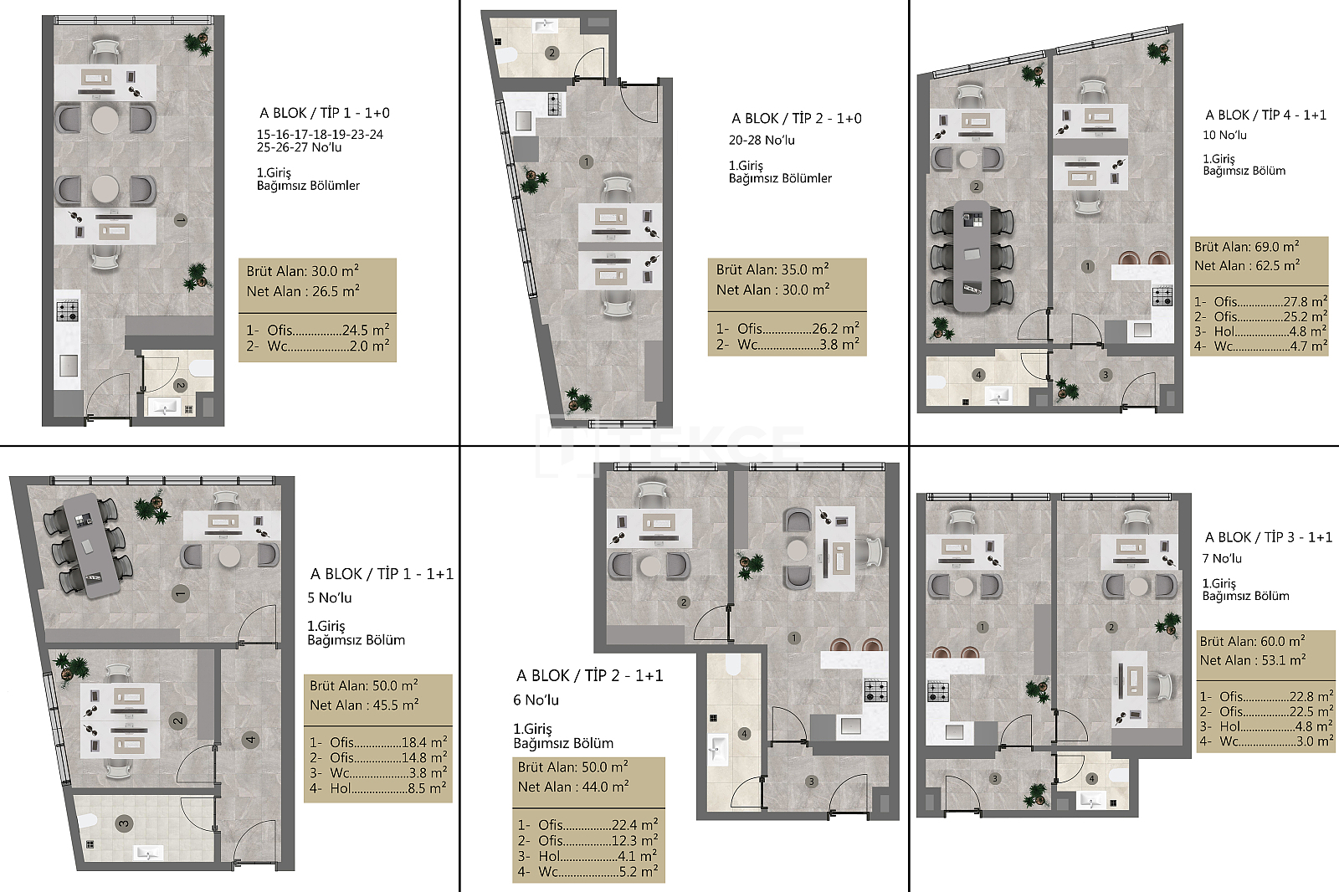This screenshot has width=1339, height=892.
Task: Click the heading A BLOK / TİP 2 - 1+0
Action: tap(796, 118)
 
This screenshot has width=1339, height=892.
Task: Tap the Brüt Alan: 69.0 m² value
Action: tap(1246, 246)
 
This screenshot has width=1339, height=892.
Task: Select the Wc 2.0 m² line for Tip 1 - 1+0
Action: tap(317, 346)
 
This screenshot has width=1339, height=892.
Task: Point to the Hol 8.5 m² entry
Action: tap(377, 788)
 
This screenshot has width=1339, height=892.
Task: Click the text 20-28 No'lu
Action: tap(762, 141)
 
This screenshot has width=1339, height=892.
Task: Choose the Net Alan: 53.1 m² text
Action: tap(1252, 660)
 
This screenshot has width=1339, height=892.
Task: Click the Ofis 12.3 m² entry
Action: tap(587, 840)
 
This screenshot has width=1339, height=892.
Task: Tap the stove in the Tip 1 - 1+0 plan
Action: tap(68, 310)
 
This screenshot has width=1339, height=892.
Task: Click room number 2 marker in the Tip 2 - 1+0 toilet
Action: tap(552, 54)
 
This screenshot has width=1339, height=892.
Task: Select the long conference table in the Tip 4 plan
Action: tap(972, 256)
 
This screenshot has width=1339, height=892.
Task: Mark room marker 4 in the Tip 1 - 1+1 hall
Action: tap(250, 740)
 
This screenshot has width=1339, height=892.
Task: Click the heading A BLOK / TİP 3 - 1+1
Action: tap(1269, 537)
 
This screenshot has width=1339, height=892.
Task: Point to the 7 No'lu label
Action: tap(1222, 558)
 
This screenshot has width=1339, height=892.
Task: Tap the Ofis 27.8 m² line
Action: tap(1260, 301)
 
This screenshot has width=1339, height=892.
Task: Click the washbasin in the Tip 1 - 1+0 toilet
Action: tap(165, 408)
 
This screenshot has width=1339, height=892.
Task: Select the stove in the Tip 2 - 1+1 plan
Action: tap(875, 691)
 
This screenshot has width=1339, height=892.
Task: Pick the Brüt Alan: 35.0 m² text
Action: tap(772, 269)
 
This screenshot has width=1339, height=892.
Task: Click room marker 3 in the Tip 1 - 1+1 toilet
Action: tap(123, 823)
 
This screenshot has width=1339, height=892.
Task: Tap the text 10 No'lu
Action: tap(1224, 135)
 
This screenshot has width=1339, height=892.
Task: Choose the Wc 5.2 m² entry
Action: tap(587, 872)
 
